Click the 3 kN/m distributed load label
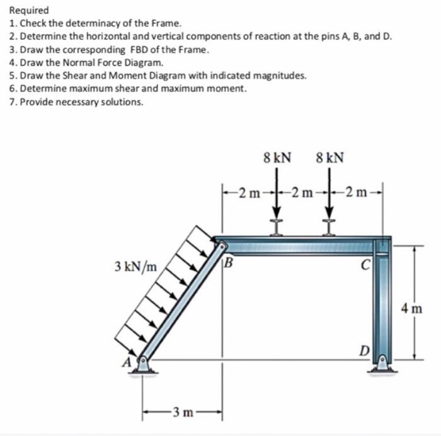[x=136, y=266]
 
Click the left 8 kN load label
[x=277, y=156]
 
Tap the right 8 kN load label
[x=329, y=156]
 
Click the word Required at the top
[x=29, y=11]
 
